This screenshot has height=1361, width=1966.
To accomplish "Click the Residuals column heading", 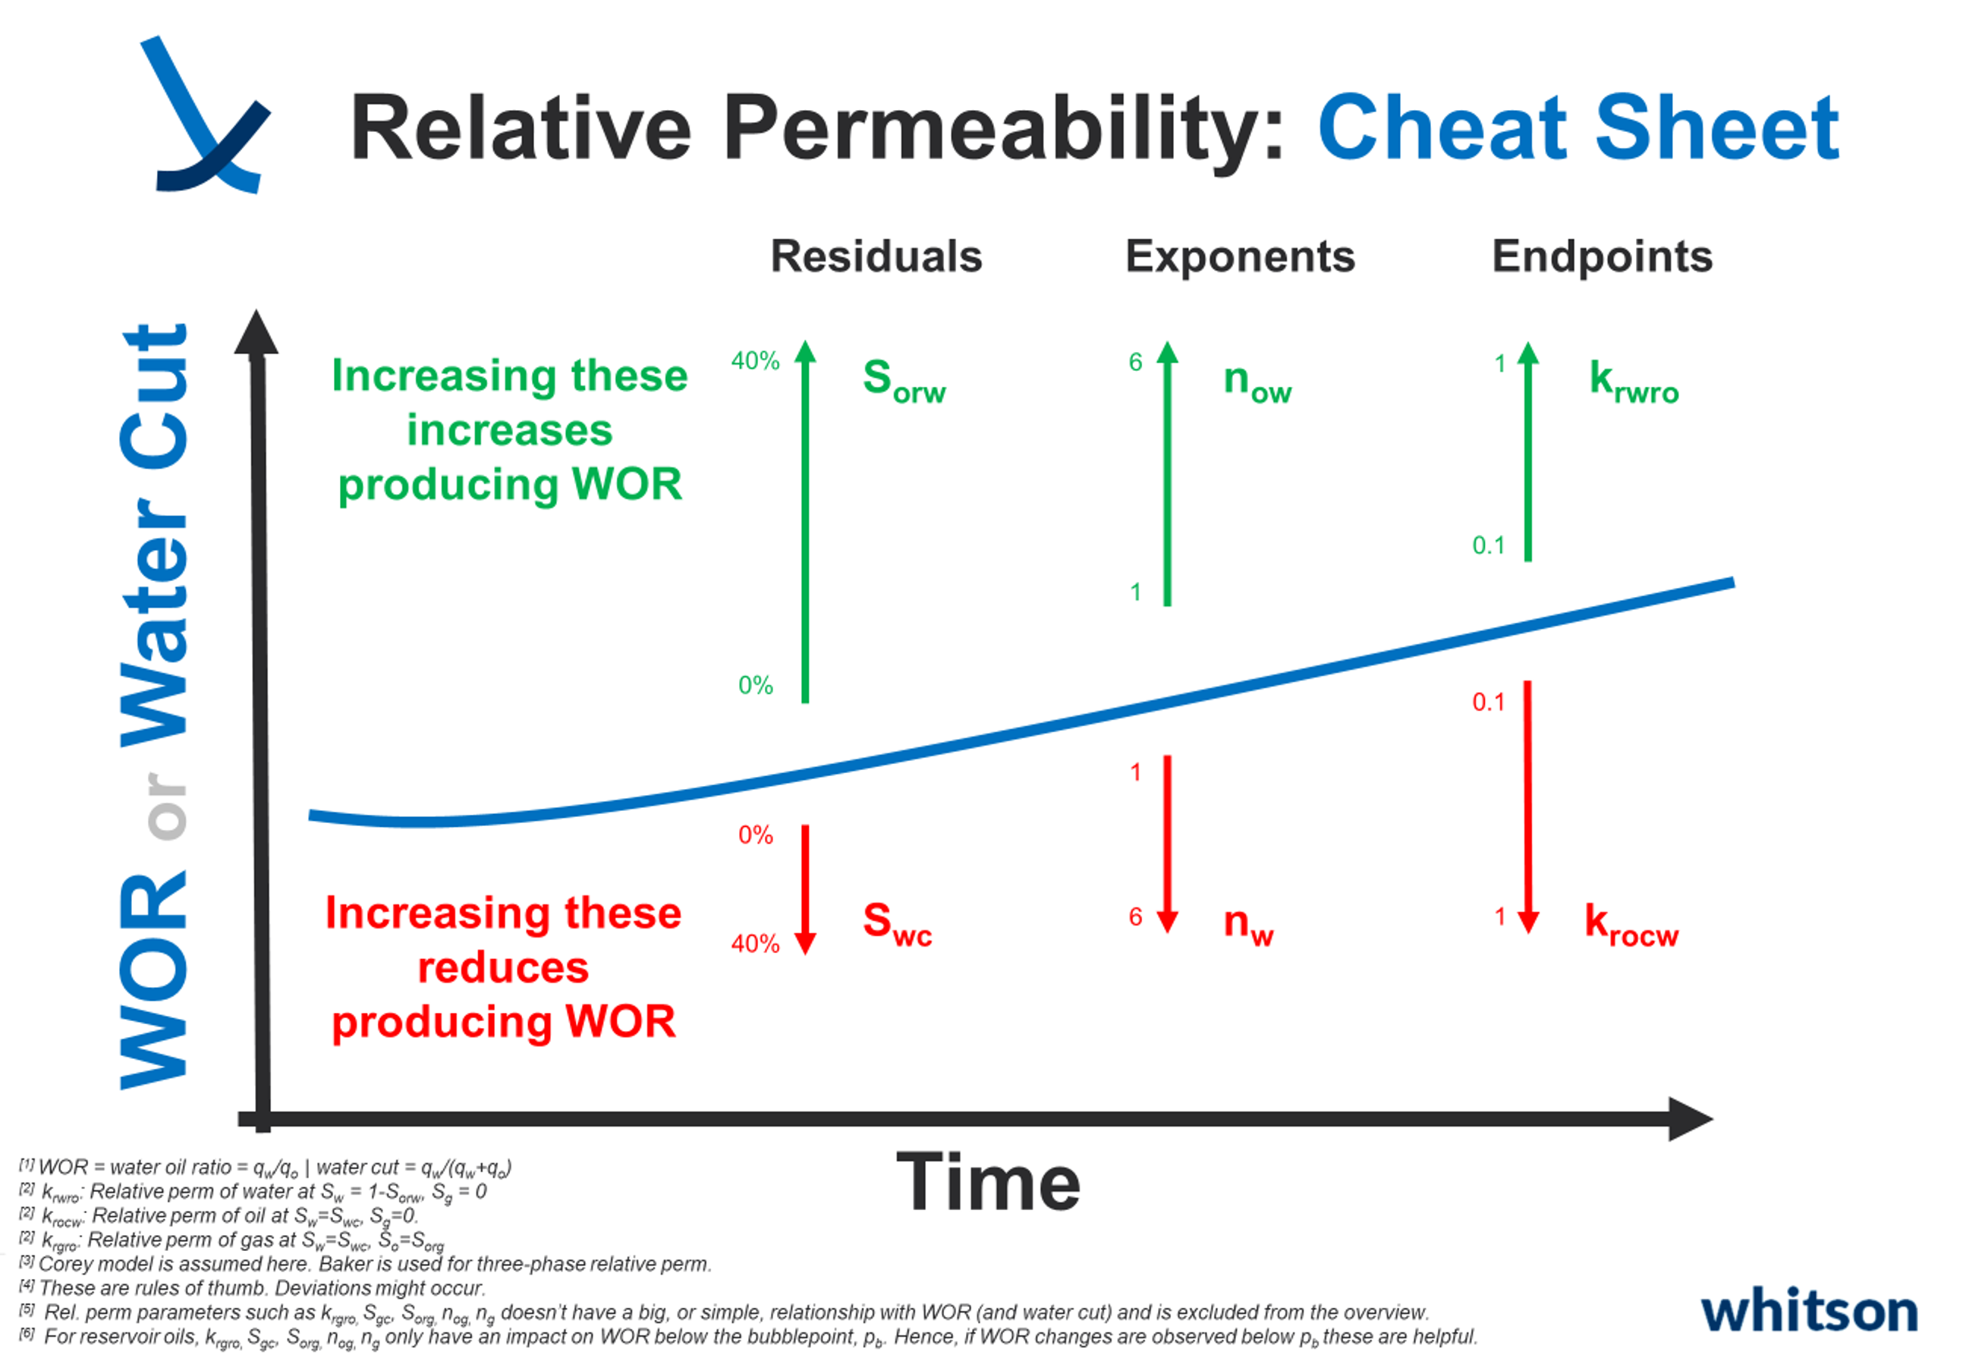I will pos(876,256).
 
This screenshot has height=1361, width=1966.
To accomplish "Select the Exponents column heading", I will pos(1239,256).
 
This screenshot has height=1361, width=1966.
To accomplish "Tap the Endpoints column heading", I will pos(1602,256).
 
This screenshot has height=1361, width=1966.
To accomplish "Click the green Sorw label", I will pos(903,380).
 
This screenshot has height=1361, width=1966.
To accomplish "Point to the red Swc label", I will pos(896,923).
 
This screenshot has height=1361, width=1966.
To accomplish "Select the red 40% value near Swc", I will pos(755,943).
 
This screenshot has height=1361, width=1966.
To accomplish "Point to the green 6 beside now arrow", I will pos(1135,362).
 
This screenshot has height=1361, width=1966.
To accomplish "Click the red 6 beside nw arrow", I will pos(1135,916).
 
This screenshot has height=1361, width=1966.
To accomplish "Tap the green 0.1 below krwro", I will pos(1489,545).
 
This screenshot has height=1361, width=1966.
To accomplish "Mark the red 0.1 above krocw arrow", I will pos(1489,702).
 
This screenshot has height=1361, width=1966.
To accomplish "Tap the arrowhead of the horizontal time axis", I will pos(1689,1119).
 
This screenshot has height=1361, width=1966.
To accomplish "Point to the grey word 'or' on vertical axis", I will pos(166,806).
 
